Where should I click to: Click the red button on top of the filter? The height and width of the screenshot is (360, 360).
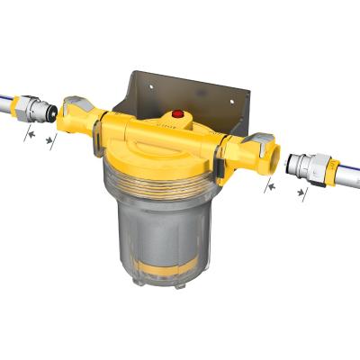click(x=177, y=116)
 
